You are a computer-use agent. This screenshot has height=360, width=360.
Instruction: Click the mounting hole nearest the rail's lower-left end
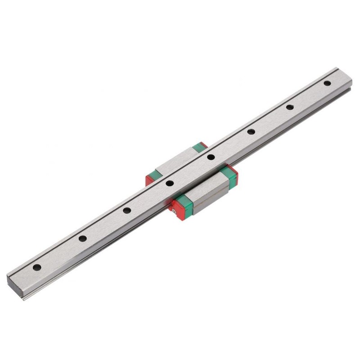(37, 267)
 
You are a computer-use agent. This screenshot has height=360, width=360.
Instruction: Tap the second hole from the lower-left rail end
(82, 238)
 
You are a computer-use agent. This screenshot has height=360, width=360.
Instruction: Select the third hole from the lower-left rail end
(127, 210)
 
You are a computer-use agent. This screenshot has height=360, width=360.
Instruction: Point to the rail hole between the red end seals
(169, 183)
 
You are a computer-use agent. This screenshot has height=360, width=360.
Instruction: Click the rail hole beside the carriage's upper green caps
(210, 157)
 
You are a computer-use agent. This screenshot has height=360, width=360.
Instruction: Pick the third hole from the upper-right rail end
(251, 131)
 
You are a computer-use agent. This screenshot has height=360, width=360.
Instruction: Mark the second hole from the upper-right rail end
(289, 107)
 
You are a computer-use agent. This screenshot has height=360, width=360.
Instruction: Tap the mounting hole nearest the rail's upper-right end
(327, 83)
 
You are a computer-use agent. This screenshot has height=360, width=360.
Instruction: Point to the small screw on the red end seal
(172, 207)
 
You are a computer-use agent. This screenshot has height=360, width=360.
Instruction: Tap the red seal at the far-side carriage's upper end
(203, 145)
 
